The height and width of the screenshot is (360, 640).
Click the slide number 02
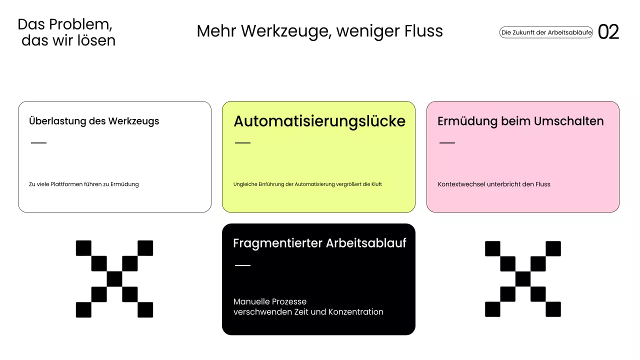point(608,32)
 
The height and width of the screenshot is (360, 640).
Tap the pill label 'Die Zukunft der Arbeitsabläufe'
point(546,32)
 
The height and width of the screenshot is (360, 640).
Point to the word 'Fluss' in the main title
point(424,31)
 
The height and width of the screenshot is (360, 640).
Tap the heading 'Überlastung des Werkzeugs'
point(94,121)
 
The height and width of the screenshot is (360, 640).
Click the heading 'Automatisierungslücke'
point(319,121)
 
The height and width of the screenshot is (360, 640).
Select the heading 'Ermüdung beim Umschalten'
point(520,121)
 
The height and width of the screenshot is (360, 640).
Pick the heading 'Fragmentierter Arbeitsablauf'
point(319,243)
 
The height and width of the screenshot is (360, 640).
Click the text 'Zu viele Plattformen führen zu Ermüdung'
point(84,184)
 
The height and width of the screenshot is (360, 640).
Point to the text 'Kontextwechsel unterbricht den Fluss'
point(494,184)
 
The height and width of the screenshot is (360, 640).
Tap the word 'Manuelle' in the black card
point(251,301)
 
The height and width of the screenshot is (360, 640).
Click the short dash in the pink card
point(447,143)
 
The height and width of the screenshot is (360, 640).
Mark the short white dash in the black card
point(242,265)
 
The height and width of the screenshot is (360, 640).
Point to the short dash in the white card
point(38,143)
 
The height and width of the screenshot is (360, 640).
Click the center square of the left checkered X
point(114,279)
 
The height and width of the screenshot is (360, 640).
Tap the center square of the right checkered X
point(523,279)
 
